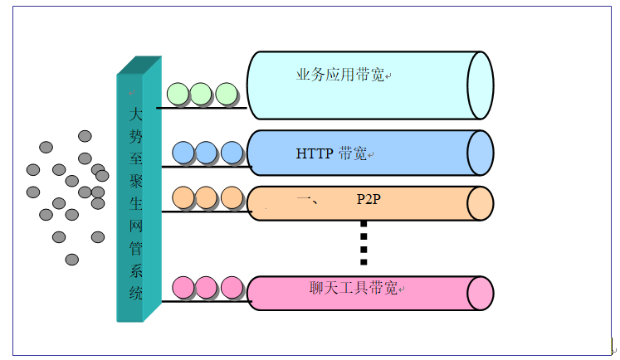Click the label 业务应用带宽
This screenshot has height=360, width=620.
click(340, 75)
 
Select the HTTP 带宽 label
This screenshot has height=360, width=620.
click(332, 153)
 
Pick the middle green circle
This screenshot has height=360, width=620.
click(201, 94)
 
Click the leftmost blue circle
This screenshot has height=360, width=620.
click(183, 153)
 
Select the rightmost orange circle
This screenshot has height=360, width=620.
click(232, 197)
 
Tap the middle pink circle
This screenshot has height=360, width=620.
click(207, 287)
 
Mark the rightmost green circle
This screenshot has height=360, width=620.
click(227, 94)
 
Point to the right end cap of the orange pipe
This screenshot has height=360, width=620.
click(480, 203)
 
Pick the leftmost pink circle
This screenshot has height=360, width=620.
click(183, 287)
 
